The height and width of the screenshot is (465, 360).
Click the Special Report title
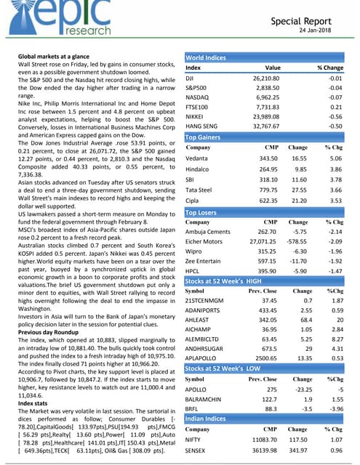point(311,21)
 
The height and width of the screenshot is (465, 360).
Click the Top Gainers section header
point(207,136)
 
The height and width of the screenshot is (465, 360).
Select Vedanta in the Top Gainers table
point(199,158)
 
